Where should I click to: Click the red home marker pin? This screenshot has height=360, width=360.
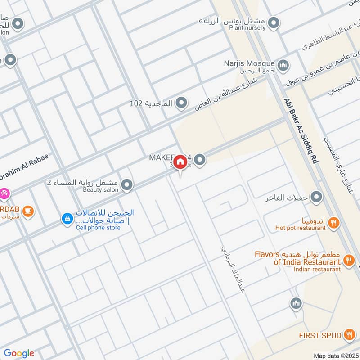point(180,162)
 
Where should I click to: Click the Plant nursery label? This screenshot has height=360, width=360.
point(247,28)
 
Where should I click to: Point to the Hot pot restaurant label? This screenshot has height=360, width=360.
point(301,228)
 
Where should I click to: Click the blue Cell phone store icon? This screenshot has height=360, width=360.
point(67,219)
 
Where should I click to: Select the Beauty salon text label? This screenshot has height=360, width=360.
point(101,190)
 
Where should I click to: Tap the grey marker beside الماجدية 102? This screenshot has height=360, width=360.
point(181,103)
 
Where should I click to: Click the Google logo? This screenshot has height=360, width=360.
point(19,353)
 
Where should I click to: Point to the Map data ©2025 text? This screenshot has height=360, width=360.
point(335,355)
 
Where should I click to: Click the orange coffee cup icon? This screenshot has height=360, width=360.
point(28,211)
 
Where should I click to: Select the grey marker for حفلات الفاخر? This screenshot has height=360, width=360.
point(317,197)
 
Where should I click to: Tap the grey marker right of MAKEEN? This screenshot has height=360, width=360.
point(200,159)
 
